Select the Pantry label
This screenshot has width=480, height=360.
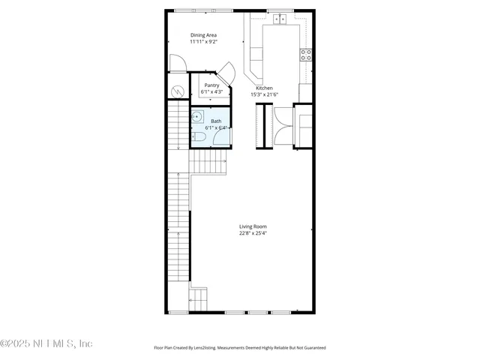pos(211,85)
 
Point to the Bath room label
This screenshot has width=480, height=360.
pos(216,121)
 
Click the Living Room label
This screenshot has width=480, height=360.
pos(253,226)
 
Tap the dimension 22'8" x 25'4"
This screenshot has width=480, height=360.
pos(253,233)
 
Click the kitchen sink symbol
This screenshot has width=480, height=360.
pos(282,19)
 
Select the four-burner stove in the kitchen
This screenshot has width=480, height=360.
pos(306,54)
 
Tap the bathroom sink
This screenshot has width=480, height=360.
pos(197,117)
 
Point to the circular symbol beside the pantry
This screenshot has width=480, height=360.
pos(178,91)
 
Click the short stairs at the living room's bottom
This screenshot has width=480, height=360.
pos(198,298)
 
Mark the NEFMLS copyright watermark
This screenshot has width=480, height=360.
pos(46,343)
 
